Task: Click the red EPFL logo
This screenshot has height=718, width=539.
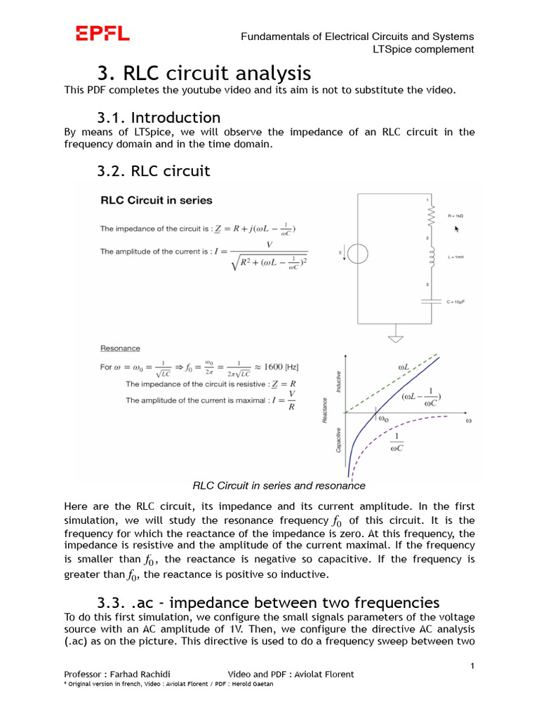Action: click(102, 33)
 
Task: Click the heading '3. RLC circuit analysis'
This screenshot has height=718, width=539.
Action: click(204, 73)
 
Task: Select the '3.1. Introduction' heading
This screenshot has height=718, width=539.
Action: click(159, 117)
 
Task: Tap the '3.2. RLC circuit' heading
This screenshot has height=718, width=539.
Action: click(154, 170)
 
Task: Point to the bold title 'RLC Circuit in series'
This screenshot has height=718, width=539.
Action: click(156, 200)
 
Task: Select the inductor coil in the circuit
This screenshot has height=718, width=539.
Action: click(430, 259)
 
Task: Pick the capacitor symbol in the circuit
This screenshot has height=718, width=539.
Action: click(430, 301)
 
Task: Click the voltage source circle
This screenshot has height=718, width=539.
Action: click(357, 253)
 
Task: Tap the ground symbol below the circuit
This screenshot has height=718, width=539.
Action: click(396, 339)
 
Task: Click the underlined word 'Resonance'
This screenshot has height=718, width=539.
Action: click(120, 348)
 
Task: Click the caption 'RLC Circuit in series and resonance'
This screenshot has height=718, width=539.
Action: click(279, 485)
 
